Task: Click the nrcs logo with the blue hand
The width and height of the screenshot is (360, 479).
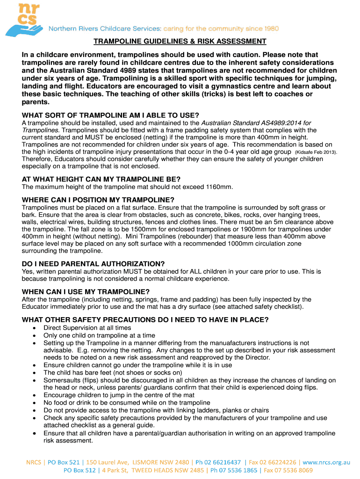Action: click(x=24, y=20)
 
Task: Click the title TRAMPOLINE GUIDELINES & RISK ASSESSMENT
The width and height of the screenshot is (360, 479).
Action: click(x=180, y=42)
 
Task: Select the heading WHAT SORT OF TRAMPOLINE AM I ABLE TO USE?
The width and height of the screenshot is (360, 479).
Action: click(x=110, y=115)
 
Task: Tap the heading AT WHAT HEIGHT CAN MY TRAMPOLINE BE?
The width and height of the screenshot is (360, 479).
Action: click(x=101, y=179)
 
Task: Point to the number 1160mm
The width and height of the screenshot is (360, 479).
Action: click(x=219, y=187)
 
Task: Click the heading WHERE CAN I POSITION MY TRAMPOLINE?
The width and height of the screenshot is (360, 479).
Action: click(x=98, y=199)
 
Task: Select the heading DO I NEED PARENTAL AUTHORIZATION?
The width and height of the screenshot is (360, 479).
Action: click(x=94, y=263)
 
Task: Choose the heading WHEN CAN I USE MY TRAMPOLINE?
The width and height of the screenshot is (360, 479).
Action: click(x=86, y=291)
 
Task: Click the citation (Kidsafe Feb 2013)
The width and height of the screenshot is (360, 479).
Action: click(x=316, y=152)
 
